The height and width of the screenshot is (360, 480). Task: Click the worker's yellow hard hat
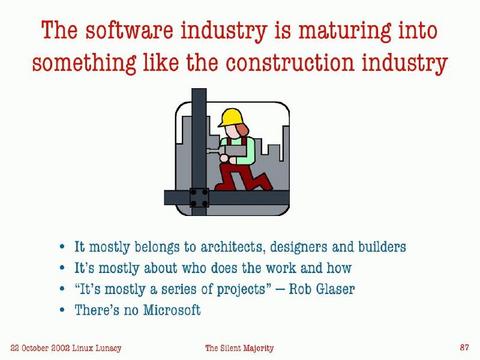232,118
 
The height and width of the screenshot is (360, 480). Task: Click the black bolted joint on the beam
199,198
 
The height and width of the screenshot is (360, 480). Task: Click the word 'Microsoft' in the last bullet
167,312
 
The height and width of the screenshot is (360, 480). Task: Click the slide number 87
464,347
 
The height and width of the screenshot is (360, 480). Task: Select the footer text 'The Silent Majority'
239,347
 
